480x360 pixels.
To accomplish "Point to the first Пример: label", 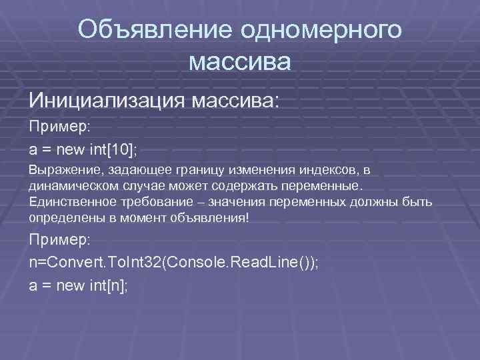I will click(x=53, y=126).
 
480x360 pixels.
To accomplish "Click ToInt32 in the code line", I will click(x=136, y=262).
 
